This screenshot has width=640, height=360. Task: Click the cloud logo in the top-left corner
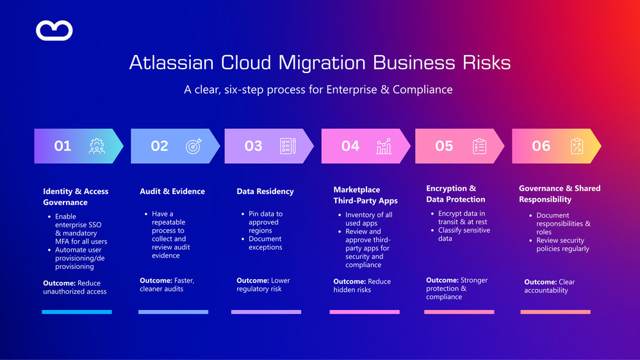point(54,30)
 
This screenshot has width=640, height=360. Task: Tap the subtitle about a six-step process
point(318,90)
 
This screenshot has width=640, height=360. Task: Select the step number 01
point(63,146)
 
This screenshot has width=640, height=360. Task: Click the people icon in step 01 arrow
point(97,146)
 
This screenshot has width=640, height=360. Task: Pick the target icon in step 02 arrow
point(193,146)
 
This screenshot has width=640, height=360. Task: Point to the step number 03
point(254,146)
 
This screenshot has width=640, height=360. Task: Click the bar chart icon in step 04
point(384,146)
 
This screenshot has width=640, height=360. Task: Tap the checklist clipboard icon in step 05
point(479,146)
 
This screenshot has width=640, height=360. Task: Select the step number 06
point(541,146)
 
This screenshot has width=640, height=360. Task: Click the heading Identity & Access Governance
point(76,197)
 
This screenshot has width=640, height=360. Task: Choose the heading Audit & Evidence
point(172,192)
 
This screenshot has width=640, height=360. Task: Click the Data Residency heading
point(265,192)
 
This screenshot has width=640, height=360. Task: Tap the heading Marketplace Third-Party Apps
point(366,195)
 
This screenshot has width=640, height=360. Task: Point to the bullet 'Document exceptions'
point(265,243)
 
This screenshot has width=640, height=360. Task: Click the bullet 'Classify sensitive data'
point(464,234)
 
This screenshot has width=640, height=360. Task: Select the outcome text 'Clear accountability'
point(550,286)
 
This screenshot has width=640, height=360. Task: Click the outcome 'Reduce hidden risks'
point(362,286)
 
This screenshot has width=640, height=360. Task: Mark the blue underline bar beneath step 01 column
point(77,312)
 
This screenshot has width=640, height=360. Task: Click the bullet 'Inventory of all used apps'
point(368,219)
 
